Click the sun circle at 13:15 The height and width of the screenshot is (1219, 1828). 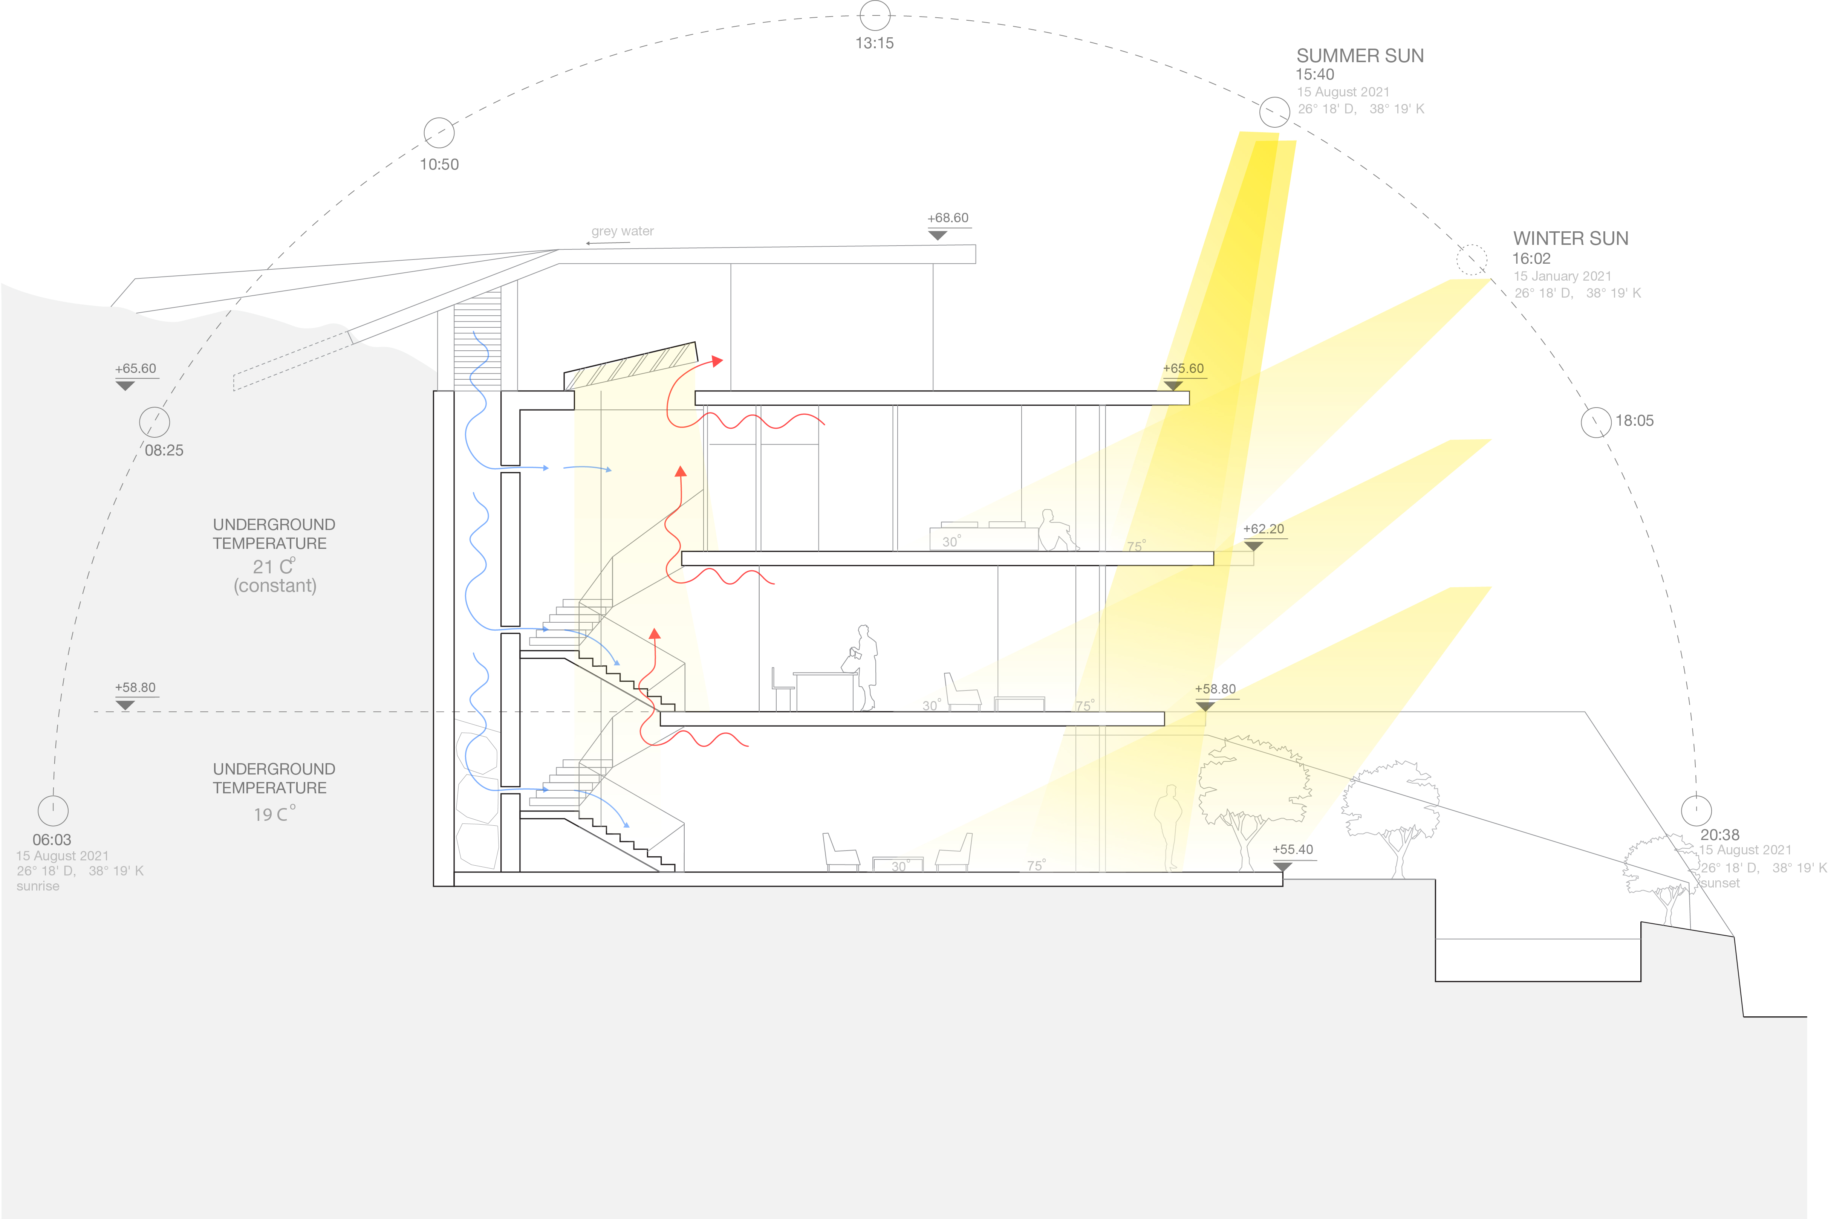tap(875, 15)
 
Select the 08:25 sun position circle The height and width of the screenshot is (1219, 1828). tap(155, 422)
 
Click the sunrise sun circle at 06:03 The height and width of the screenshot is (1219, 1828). tap(53, 810)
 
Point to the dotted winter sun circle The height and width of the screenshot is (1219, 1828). tap(1471, 260)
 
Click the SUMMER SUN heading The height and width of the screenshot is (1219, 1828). tap(1360, 56)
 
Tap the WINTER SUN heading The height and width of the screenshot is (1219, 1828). tap(1571, 239)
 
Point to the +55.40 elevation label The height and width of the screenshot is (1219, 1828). tap(1292, 850)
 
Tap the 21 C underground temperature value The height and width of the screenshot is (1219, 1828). tap(274, 567)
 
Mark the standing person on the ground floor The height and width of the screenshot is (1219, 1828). tap(1168, 828)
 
